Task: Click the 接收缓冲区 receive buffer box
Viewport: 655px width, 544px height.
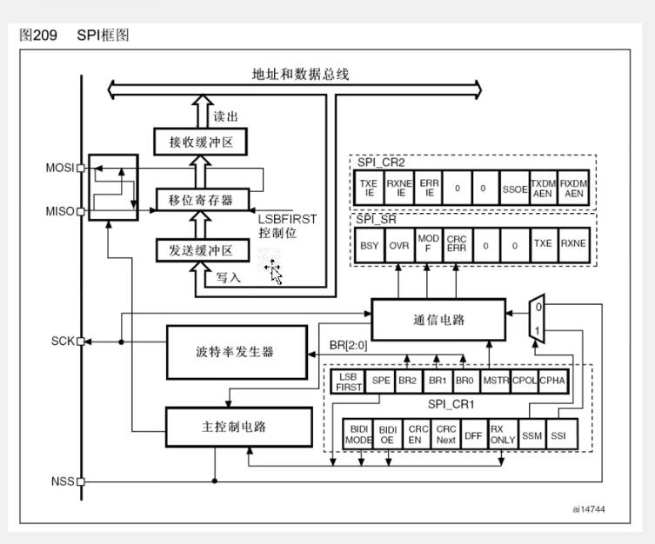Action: click(201, 142)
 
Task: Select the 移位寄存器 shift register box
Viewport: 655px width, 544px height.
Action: click(203, 200)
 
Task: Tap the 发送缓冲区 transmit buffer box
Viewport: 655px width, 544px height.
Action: click(203, 250)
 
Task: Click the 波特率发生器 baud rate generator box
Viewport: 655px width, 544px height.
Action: click(237, 352)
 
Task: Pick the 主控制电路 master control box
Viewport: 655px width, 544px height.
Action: click(239, 427)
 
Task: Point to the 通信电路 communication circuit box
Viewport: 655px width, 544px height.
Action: click(438, 320)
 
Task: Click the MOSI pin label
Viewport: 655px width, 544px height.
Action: click(60, 168)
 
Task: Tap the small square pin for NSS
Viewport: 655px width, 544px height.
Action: click(81, 481)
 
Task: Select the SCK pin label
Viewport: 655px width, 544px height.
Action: click(63, 342)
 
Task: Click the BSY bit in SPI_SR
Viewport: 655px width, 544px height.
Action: click(370, 245)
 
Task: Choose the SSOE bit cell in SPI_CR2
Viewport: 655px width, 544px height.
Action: click(515, 188)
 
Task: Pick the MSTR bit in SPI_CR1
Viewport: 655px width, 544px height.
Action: click(496, 381)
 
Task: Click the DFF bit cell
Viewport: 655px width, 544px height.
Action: click(473, 435)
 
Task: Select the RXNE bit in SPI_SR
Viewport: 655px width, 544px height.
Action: click(573, 245)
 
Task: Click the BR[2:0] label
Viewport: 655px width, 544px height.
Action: click(349, 345)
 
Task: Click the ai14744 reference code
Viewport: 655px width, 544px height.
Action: click(589, 509)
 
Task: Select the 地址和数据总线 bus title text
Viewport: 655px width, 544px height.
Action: click(300, 74)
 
